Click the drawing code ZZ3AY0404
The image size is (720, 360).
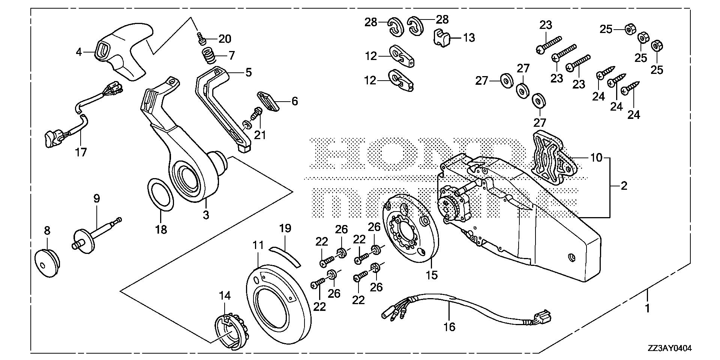click(669, 349)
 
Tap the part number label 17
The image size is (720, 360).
click(81, 152)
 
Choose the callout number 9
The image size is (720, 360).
click(96, 198)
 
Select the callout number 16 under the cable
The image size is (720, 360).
click(449, 327)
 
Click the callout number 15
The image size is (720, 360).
click(432, 275)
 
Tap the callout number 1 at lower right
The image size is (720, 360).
click(646, 309)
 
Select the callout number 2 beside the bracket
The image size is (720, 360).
click(624, 186)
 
